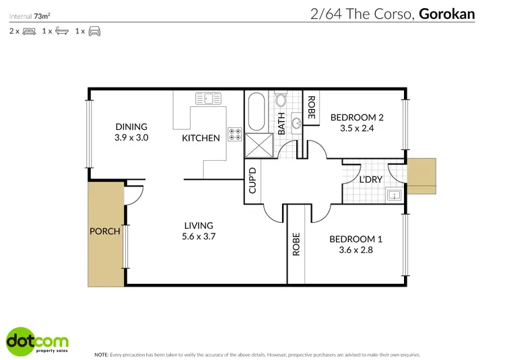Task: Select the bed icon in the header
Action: pyautogui.click(x=29, y=31)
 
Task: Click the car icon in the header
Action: pyautogui.click(x=94, y=31)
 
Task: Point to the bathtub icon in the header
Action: pyautogui.click(x=61, y=31)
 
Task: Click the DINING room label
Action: pyautogui.click(x=131, y=127)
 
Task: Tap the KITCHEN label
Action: pyautogui.click(x=201, y=138)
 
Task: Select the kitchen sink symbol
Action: pyautogui.click(x=209, y=99)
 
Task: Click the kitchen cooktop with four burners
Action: pyautogui.click(x=235, y=135)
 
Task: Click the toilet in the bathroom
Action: pyautogui.click(x=282, y=100)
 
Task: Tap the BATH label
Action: pyautogui.click(x=281, y=124)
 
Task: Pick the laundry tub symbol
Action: pyautogui.click(x=394, y=196)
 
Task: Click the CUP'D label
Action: pyautogui.click(x=252, y=180)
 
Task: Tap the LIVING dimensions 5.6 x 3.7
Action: pyautogui.click(x=199, y=236)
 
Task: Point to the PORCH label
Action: pyautogui.click(x=104, y=231)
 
